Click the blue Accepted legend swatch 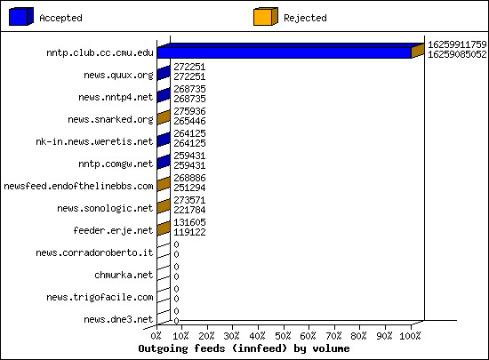(x=21, y=17)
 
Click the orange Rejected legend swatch (x=266, y=17)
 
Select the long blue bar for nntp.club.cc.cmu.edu (x=284, y=52)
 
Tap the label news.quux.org (x=118, y=76)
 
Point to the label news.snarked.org (x=111, y=119)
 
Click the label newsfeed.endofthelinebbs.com (x=78, y=186)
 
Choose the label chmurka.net (x=124, y=275)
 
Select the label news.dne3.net (x=118, y=319)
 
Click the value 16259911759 (x=457, y=44)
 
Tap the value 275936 (x=189, y=111)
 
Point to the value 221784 (x=189, y=210)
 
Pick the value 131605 (x=189, y=222)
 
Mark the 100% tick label (x=410, y=336)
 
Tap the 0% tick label (x=156, y=336)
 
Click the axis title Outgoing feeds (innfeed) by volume (x=244, y=348)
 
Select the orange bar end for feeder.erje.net (x=164, y=228)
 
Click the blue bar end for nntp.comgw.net (x=164, y=162)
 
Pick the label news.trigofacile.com (x=100, y=298)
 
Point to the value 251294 (x=189, y=188)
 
